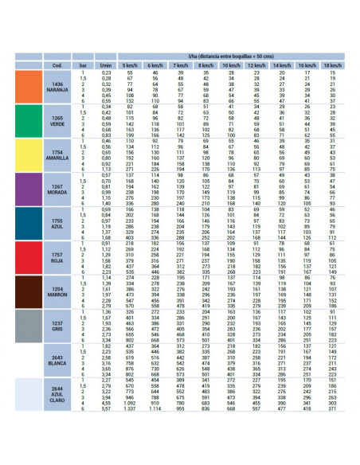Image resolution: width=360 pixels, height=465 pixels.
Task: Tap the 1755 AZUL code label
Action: [x=57, y=223]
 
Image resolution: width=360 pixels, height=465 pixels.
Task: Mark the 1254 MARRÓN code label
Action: [x=57, y=291]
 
